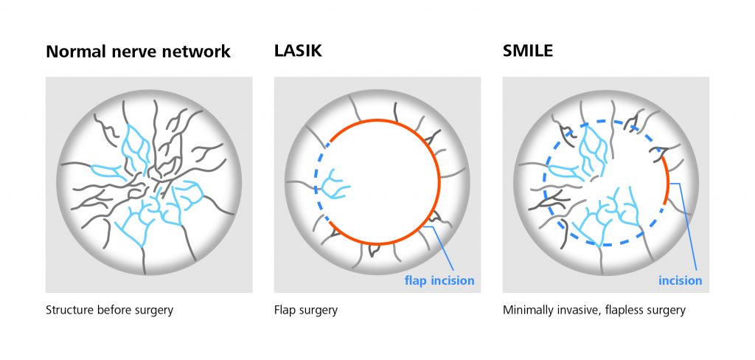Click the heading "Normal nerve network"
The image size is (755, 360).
click(x=138, y=51)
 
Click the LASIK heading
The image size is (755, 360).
click(x=298, y=51)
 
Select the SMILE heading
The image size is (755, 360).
click(x=528, y=51)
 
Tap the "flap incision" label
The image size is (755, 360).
click(x=439, y=280)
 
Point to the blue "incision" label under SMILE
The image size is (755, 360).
click(x=681, y=280)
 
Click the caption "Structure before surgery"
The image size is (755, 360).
click(x=109, y=310)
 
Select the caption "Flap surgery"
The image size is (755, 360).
click(x=306, y=310)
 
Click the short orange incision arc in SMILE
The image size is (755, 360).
click(x=668, y=179)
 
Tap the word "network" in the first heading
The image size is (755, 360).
click(x=196, y=51)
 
